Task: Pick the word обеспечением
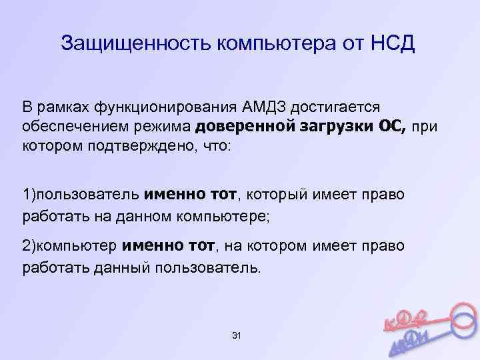pos(66,127)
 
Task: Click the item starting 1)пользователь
pos(81,195)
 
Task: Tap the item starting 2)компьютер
pos(71,247)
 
